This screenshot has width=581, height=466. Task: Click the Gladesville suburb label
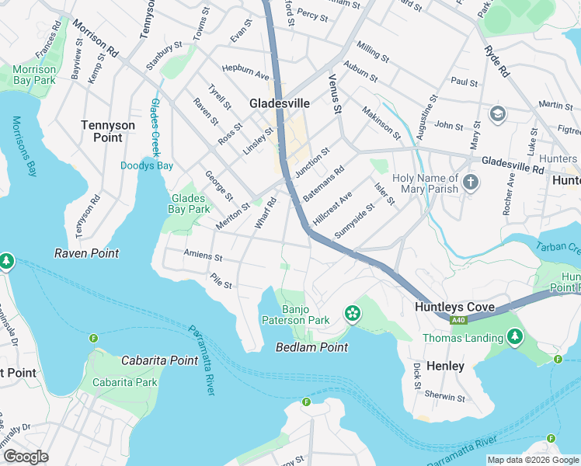(x=280, y=103)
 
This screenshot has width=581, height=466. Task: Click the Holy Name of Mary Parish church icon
(x=470, y=183)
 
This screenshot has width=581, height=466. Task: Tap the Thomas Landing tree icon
(x=513, y=337)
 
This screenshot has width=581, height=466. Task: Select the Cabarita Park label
(x=124, y=382)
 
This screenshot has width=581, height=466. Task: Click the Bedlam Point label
(x=311, y=347)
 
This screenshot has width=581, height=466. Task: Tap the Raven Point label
(x=86, y=253)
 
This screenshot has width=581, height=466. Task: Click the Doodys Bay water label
(x=147, y=165)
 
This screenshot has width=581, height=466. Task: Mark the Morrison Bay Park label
(x=34, y=75)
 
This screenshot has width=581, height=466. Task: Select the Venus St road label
(x=336, y=94)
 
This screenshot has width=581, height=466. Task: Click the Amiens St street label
(x=203, y=256)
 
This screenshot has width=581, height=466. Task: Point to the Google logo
(x=26, y=457)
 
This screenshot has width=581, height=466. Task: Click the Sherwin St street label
(x=445, y=397)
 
